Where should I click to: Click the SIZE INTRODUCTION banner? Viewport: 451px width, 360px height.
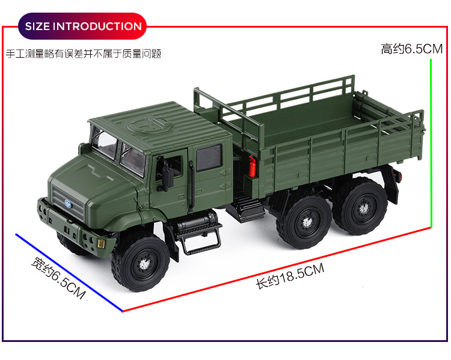(x=82, y=26)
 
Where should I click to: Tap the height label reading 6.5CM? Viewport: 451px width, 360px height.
(x=411, y=49)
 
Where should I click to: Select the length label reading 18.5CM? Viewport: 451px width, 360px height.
(x=290, y=276)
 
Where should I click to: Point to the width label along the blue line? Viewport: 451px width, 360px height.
(x=58, y=278)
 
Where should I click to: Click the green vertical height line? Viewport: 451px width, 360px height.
(x=431, y=143)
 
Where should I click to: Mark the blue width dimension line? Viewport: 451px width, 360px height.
(x=69, y=273)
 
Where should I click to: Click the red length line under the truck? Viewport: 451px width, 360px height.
(x=277, y=269)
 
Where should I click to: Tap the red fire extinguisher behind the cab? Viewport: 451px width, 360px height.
(x=252, y=166)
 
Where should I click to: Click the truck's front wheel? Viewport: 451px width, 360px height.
(x=141, y=264)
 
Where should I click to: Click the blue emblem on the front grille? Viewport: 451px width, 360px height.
(x=68, y=204)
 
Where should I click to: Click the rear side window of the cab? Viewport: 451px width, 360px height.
(x=209, y=157)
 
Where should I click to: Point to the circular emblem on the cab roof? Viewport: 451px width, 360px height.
(x=150, y=124)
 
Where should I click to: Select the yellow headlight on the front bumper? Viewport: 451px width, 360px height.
(x=101, y=243)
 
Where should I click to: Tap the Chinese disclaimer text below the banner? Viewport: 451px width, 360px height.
(x=84, y=53)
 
